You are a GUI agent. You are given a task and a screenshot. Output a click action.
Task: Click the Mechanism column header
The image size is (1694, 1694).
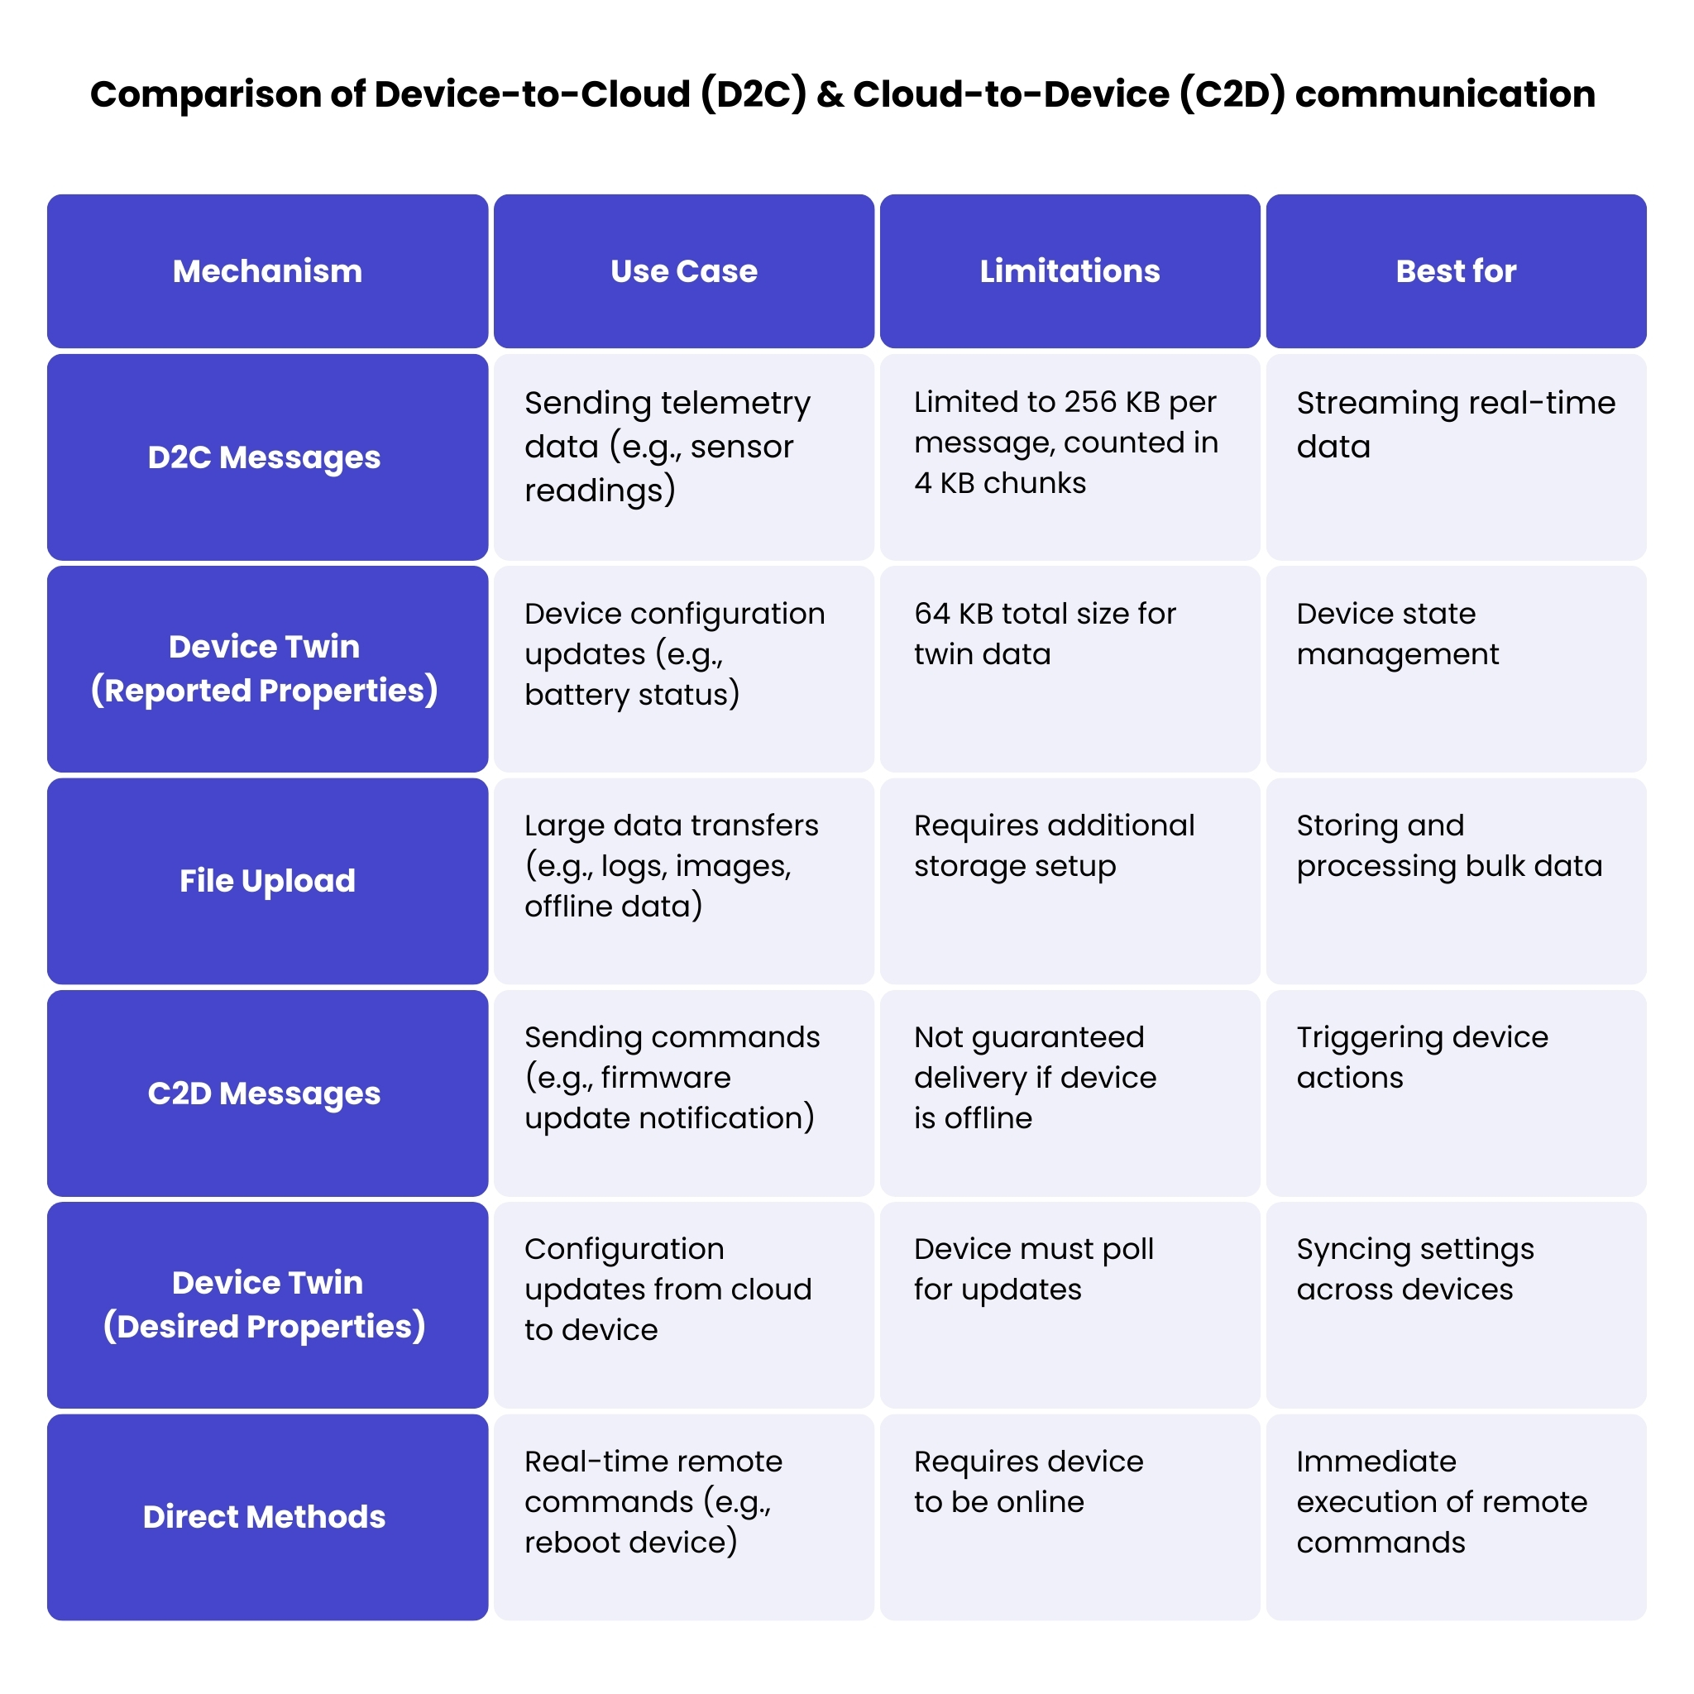tap(266, 271)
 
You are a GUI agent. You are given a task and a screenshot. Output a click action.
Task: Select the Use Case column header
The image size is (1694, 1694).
tap(683, 271)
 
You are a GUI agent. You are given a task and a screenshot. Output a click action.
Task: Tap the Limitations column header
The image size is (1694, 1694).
tap(1069, 271)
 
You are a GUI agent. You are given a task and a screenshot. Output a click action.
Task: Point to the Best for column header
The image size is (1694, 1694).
tap(1456, 271)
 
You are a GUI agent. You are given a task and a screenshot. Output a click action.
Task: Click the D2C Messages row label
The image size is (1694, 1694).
tap(264, 457)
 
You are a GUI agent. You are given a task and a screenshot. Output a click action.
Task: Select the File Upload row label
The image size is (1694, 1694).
tap(266, 880)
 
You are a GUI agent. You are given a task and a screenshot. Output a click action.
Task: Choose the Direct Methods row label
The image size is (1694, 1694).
tap(264, 1516)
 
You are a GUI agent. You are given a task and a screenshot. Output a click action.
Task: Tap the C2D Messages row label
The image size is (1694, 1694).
tap(264, 1093)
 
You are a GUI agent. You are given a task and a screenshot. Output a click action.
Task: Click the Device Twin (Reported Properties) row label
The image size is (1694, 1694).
tap(264, 668)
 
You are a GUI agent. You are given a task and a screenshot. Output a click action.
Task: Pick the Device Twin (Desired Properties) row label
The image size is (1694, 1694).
tap(264, 1304)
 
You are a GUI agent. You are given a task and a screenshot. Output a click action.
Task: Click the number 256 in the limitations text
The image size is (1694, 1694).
tap(1090, 403)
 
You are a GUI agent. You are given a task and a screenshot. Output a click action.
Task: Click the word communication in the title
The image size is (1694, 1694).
tap(1444, 93)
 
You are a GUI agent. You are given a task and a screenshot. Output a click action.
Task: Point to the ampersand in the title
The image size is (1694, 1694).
tap(830, 93)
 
